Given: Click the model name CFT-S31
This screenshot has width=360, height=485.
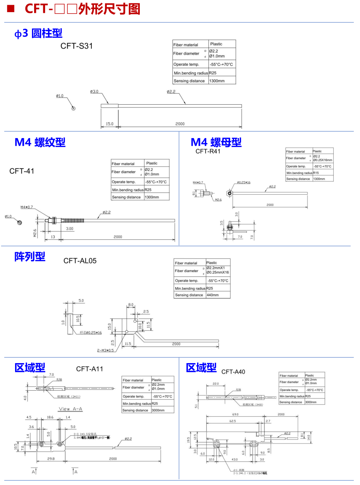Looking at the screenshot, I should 77,46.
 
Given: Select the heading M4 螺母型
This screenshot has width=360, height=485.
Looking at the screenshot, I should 216,142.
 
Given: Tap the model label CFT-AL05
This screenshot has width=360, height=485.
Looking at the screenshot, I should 80,261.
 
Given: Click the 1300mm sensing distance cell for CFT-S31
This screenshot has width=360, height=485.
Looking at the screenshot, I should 217,81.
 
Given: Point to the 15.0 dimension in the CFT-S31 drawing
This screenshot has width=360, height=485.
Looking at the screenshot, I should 110,124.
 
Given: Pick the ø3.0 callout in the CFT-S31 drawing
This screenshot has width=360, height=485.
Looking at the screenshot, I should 94,91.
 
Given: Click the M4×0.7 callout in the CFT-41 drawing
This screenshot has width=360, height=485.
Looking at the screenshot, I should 26,207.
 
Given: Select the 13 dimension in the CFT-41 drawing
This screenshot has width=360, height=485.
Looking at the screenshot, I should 53,237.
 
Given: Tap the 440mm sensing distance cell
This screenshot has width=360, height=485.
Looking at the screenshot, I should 213,295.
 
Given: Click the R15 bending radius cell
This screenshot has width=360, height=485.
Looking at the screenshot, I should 316,173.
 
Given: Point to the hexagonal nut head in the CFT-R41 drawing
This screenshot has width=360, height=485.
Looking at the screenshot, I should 230,193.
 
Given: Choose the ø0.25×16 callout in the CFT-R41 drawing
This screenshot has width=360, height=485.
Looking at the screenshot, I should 244,182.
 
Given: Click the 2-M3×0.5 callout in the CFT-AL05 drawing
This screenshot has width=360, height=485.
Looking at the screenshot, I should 105,350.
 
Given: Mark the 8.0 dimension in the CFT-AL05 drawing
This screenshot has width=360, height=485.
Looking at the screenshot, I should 131,305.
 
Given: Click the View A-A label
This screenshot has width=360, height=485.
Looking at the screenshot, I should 70,409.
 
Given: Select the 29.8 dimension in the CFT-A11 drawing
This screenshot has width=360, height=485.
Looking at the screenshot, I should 51,459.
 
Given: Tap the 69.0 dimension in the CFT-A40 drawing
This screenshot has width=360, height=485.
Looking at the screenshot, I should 235,414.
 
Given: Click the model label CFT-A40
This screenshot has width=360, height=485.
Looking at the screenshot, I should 233,372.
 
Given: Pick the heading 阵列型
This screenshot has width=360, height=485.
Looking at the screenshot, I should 30,257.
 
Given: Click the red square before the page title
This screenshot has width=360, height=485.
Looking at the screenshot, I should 11,8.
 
